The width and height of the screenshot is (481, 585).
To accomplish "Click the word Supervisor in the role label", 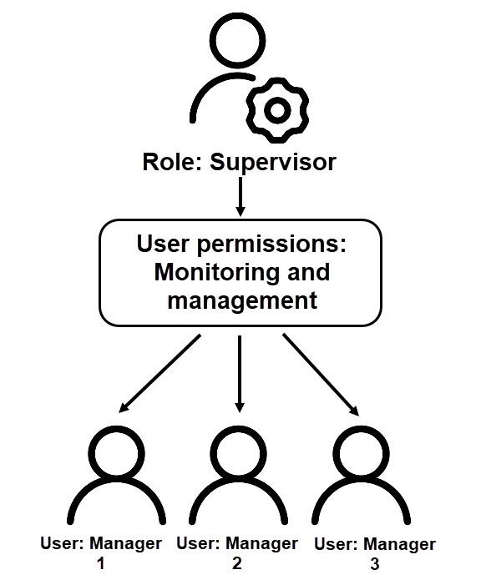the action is pos(273,163).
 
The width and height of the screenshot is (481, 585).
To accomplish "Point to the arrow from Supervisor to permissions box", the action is pos(240,197).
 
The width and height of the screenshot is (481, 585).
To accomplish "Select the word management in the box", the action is pos(242,300).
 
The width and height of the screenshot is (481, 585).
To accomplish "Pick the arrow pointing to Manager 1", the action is pos(159,374).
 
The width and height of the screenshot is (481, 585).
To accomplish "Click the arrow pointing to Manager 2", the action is pos(240,374).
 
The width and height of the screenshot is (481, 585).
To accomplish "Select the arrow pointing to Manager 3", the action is pos(322,375).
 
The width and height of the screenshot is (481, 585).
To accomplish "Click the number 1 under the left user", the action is pos(101,563).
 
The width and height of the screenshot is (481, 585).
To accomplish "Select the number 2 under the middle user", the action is pos(237,563).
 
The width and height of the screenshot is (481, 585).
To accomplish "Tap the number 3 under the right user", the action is pos(375,564).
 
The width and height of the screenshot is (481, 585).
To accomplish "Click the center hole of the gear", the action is pos(277,110).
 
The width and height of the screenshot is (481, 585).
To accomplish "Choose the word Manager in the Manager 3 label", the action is pos(400,545).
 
